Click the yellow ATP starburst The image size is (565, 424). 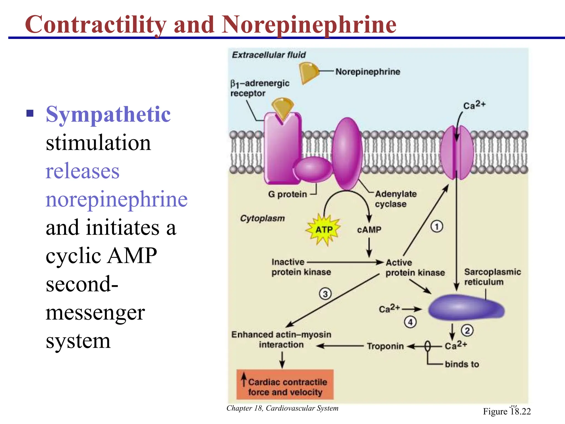pos(324,230)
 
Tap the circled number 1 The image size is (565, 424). pos(436,227)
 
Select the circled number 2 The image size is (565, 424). pos(467,330)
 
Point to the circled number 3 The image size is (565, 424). pos(325,294)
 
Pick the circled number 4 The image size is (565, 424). pos(410,322)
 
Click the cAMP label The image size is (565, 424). pos(369,230)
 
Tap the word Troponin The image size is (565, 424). pos(385,346)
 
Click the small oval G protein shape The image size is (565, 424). pos(313,169)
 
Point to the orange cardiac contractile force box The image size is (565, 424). pos(285,385)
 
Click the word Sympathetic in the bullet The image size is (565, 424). pos(108,114)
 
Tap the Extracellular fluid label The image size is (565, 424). pos(269,55)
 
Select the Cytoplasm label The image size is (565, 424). pos(262,218)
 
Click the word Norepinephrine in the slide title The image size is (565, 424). pos(309,25)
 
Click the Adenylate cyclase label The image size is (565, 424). pos(396,199)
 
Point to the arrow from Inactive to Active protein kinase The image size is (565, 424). pos(345,262)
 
